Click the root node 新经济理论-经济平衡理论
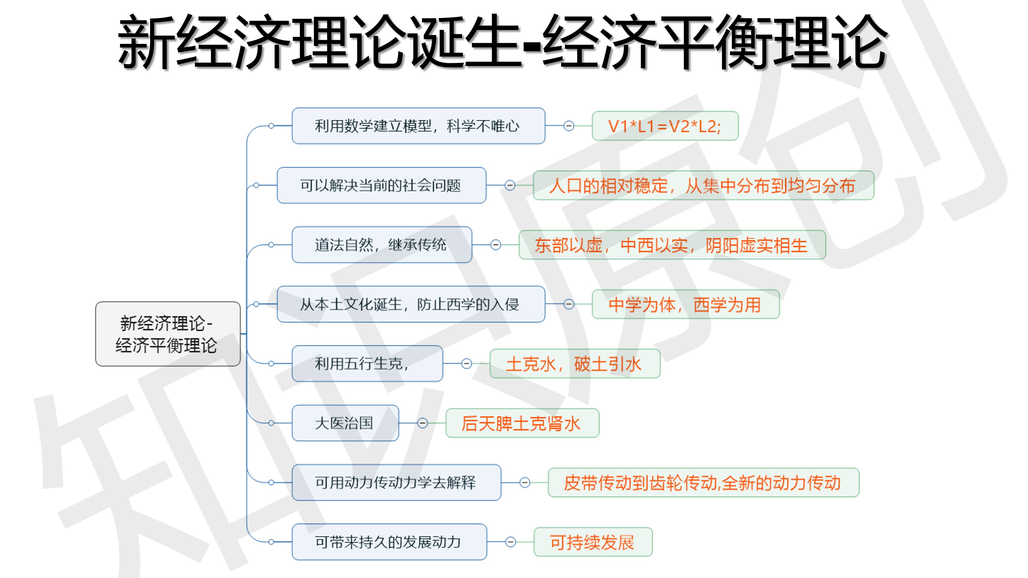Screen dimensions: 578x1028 tap(168, 334)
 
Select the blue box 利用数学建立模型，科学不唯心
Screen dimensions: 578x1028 tap(418, 126)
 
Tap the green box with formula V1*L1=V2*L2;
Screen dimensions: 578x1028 tap(665, 126)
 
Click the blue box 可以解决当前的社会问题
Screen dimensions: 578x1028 tap(381, 185)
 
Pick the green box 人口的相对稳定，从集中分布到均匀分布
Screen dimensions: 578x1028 tap(703, 185)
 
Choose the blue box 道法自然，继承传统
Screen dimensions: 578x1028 tap(381, 245)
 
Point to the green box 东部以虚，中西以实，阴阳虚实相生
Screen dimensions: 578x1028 tap(672, 245)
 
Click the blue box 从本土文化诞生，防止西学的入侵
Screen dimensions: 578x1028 tap(411, 304)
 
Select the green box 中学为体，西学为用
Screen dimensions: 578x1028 tap(685, 304)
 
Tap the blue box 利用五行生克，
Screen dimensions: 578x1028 tap(367, 363)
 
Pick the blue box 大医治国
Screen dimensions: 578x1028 tap(345, 423)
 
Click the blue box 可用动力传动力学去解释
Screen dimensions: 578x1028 tap(396, 482)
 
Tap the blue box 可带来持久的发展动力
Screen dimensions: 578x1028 tap(389, 542)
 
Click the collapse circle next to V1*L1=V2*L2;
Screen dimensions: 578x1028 tap(569, 126)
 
